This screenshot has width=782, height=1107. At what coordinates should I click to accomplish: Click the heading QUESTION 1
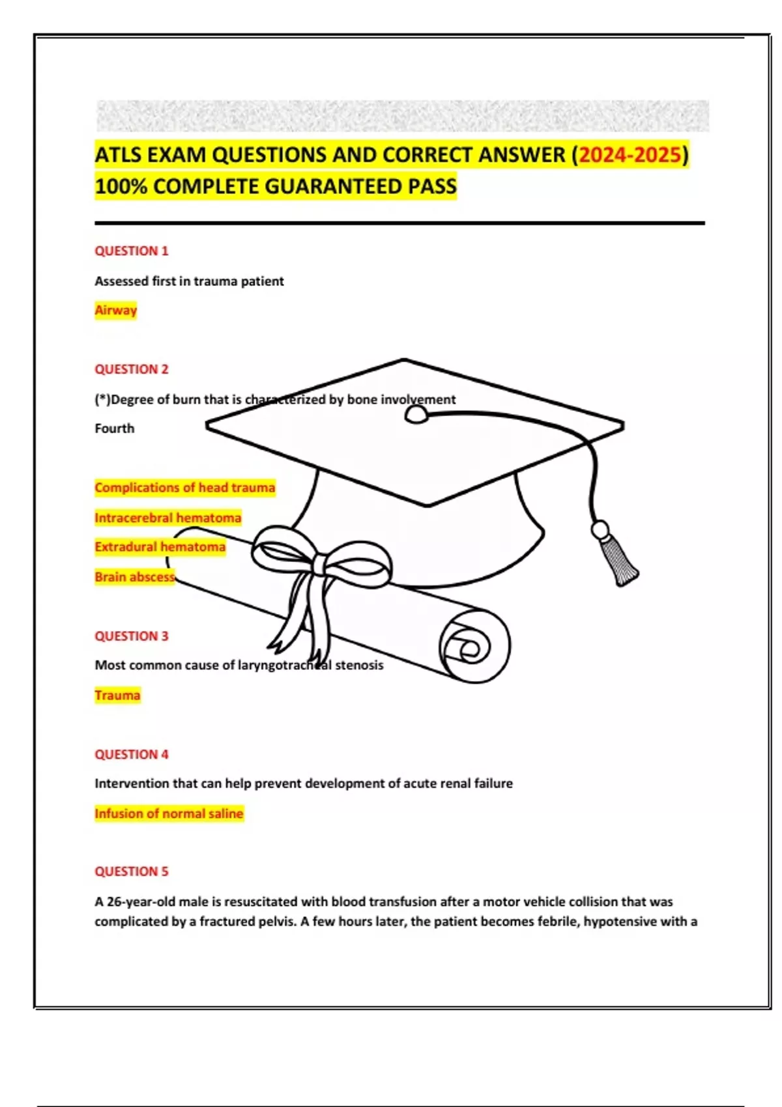131,251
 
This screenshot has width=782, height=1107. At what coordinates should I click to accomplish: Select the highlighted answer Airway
115,310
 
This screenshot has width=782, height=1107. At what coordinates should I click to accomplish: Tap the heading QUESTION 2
131,369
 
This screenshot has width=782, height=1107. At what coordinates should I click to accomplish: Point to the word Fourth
114,428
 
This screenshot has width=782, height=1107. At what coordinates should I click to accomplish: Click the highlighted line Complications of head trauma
184,488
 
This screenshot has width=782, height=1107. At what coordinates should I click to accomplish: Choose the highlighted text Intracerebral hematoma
167,518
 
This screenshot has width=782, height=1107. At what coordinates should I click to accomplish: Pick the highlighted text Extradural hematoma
160,547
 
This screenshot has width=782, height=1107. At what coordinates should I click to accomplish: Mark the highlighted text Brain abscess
134,577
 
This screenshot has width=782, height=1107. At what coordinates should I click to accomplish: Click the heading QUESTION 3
131,636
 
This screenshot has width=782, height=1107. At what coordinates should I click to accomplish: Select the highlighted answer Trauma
117,695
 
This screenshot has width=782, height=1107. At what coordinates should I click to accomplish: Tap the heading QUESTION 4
131,754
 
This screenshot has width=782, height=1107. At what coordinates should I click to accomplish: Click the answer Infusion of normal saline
169,813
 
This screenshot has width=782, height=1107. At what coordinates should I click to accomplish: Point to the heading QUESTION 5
131,871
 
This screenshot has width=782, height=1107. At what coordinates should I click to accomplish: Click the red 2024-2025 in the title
630,155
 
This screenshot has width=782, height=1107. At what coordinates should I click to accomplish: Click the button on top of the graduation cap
416,415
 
